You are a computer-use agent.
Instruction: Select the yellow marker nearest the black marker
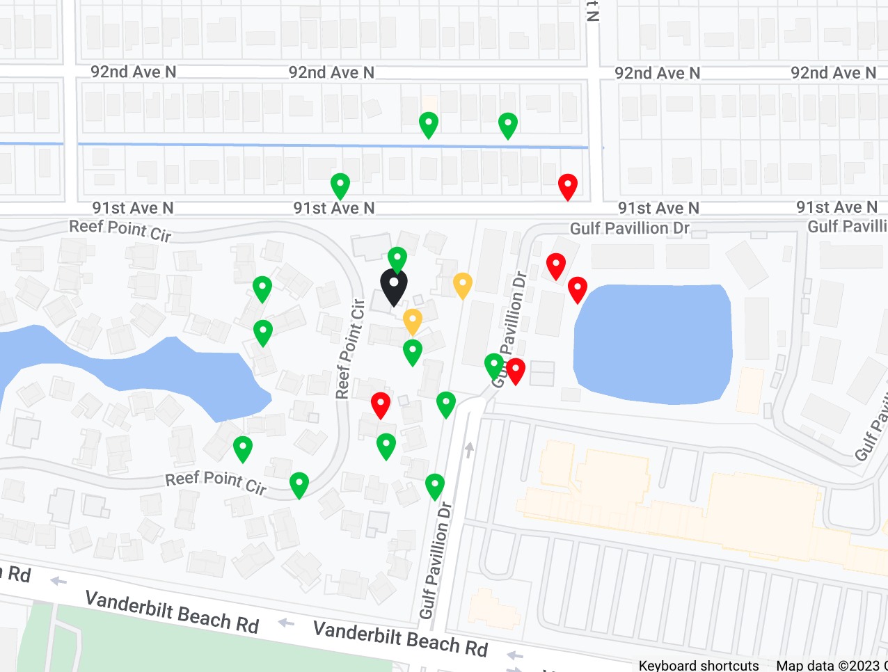point(413,321)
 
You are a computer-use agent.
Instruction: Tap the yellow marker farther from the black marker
point(463,285)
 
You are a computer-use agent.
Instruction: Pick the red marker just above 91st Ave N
point(568,186)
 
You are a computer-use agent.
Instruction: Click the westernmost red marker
point(380,404)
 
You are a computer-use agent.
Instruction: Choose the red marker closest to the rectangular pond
point(578,289)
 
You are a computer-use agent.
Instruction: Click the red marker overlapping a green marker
point(516,371)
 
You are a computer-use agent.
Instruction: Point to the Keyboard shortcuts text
point(699,665)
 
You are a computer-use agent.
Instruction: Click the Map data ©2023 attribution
point(828,665)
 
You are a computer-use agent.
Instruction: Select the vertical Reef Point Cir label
point(351,349)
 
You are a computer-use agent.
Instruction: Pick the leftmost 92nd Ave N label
point(133,72)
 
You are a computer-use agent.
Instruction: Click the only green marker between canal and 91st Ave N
point(340,186)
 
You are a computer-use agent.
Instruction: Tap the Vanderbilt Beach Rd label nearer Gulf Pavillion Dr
point(400,639)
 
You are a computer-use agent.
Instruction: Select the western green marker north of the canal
point(429,125)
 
